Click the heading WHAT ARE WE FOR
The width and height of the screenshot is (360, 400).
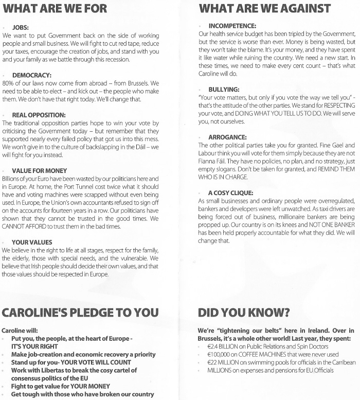click(55, 9)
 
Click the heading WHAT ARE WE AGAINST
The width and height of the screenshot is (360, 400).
click(264, 8)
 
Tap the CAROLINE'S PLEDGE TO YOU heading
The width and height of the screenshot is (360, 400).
click(80, 313)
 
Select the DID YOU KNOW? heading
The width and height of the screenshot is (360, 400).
click(244, 313)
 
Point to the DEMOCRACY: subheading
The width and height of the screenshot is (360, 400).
click(32, 75)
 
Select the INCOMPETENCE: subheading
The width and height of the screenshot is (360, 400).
click(232, 26)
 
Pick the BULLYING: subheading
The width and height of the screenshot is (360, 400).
click(224, 90)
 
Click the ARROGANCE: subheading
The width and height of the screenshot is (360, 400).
click(227, 137)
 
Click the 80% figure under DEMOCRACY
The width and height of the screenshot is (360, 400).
click(8, 83)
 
